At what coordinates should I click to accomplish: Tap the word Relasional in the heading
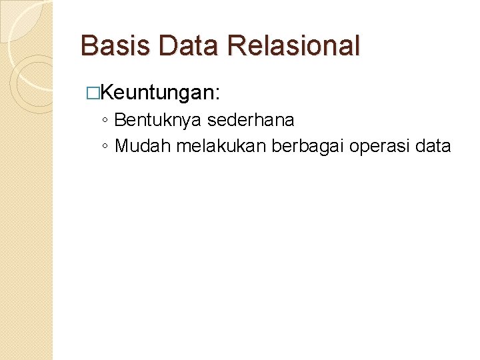click(x=293, y=46)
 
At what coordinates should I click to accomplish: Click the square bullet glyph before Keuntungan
click(x=92, y=93)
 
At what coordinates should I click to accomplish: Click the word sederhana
click(x=251, y=121)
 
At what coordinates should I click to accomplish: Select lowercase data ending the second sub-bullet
click(x=433, y=146)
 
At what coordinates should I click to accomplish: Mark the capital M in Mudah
click(x=122, y=146)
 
